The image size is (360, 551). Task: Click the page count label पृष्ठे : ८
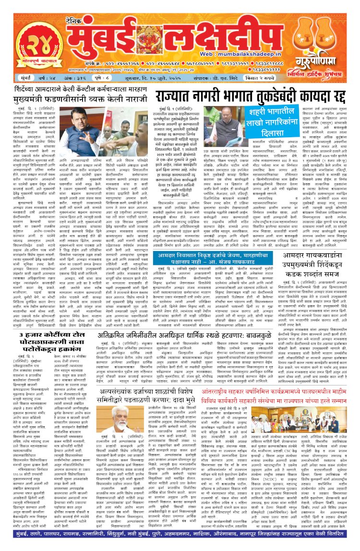pyautogui.click(x=96, y=90)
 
